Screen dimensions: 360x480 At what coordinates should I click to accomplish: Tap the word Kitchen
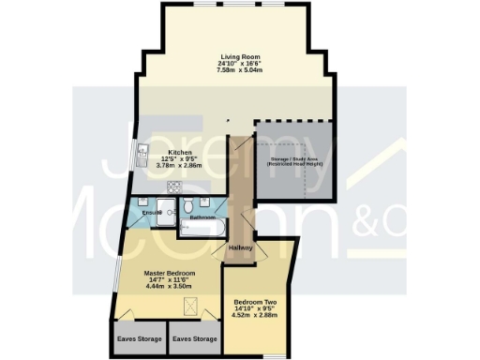pyautogui.click(x=180, y=152)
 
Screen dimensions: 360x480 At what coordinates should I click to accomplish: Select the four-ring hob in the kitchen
pyautogui.click(x=174, y=187)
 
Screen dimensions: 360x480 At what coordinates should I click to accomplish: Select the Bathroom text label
pyautogui.click(x=203, y=217)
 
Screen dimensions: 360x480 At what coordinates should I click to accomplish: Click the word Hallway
pyautogui.click(x=240, y=247)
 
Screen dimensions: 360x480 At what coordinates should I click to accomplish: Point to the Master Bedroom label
pyautogui.click(x=169, y=273)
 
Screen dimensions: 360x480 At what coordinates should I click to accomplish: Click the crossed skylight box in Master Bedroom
pyautogui.click(x=187, y=306)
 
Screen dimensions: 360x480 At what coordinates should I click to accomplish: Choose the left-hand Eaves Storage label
pyautogui.click(x=140, y=338)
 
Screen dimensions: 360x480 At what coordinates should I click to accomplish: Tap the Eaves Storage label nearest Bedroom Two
pyautogui.click(x=194, y=338)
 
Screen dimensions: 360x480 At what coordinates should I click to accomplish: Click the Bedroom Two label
pyautogui.click(x=254, y=302)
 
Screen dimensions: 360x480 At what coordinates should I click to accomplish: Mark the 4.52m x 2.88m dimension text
pyautogui.click(x=254, y=316)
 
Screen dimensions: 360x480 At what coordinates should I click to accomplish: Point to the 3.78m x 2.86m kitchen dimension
pyautogui.click(x=180, y=166)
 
